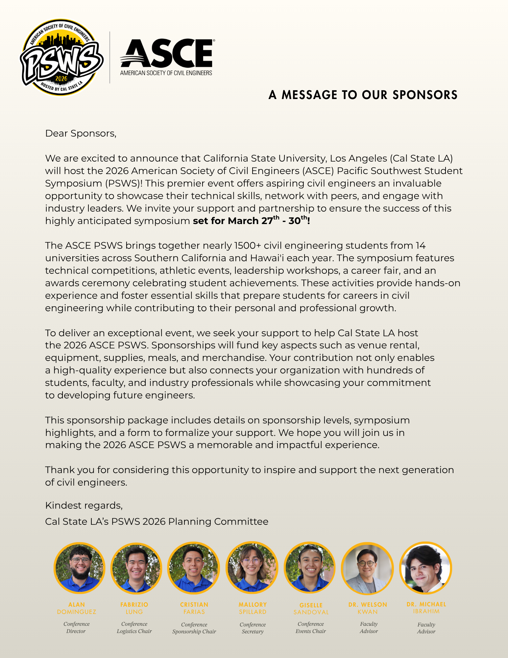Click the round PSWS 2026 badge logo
(x=61, y=58)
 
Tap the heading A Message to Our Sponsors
(x=363, y=95)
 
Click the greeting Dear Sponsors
(x=81, y=133)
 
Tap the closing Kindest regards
(x=84, y=505)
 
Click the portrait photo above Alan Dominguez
(x=79, y=568)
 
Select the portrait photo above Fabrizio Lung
(x=136, y=568)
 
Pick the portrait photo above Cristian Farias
(x=194, y=568)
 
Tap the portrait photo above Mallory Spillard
(x=252, y=568)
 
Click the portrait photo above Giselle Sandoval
(x=310, y=568)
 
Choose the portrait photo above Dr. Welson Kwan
(x=367, y=568)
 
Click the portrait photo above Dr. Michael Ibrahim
(x=425, y=568)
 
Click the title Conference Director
(x=76, y=627)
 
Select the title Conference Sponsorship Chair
(x=194, y=628)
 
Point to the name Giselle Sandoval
(x=311, y=609)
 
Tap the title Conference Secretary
(x=253, y=628)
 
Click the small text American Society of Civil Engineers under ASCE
(x=166, y=73)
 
